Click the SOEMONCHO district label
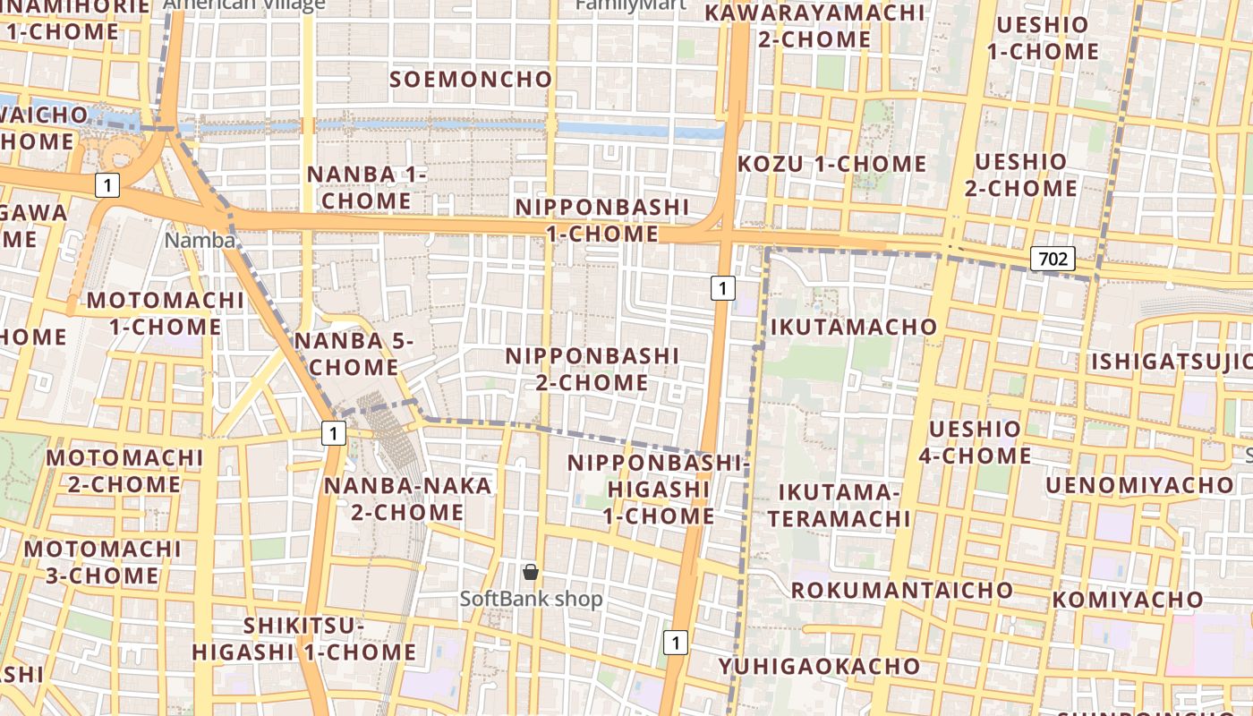click(472, 80)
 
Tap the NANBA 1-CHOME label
click(366, 187)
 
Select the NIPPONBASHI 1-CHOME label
click(602, 220)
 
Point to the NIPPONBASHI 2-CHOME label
click(592, 369)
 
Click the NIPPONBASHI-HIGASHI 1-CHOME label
click(658, 490)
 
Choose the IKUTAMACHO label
click(854, 327)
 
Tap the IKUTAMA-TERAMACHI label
click(839, 505)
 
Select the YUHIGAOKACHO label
click(819, 666)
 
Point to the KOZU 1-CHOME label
click(831, 164)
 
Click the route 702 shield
click(1053, 260)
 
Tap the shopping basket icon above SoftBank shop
click(531, 571)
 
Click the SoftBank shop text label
click(532, 599)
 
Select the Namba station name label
click(200, 241)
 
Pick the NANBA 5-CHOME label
click(354, 354)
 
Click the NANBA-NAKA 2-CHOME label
click(407, 499)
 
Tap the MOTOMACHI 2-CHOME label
click(125, 471)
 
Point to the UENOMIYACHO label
click(1139, 485)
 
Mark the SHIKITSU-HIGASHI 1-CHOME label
click(304, 639)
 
